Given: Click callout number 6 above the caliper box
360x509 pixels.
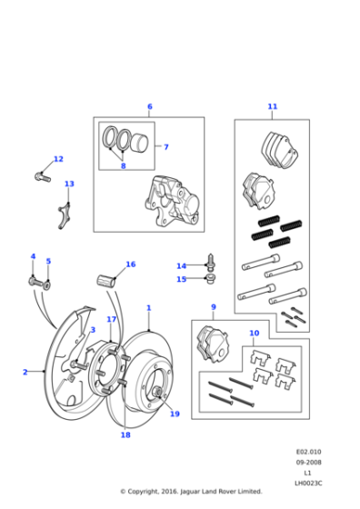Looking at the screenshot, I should point(150,107).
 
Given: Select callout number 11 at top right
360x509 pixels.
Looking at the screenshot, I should point(272,107).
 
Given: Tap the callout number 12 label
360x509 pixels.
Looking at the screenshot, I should point(58,159).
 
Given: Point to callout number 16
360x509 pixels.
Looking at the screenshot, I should point(130,264).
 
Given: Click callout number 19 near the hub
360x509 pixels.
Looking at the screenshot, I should point(174,414).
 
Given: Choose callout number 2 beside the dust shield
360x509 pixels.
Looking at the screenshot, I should point(25,372).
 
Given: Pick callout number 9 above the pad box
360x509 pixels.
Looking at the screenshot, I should point(213,307).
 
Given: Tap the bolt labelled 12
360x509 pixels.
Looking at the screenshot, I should point(40,174).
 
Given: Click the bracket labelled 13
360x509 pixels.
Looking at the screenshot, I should point(65,216).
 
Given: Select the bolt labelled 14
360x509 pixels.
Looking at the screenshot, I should point(211,263).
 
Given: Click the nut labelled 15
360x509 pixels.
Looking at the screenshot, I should point(209,278).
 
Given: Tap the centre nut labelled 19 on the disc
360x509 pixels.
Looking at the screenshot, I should point(158,393).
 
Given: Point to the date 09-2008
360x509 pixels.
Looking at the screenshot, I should point(308,461).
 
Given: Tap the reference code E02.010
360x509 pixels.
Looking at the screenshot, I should point(308,451).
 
